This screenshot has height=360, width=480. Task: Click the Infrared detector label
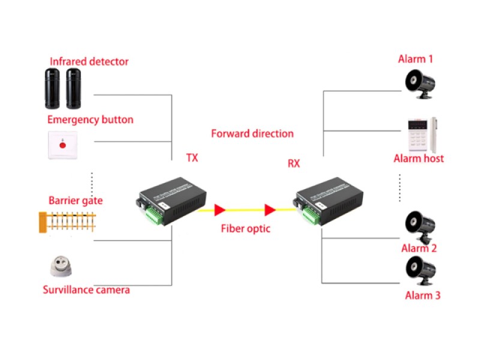89,61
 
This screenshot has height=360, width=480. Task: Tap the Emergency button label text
90,119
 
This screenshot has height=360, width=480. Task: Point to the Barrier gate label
76,200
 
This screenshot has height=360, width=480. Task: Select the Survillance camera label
86,290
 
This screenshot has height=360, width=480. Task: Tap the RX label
293,163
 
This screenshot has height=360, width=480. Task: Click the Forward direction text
253,133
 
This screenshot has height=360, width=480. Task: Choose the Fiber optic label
245,228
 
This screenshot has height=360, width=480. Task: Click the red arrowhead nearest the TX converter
220,209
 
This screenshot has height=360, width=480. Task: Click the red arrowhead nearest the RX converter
270,209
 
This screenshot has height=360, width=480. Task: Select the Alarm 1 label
415,59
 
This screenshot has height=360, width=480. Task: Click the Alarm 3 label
422,295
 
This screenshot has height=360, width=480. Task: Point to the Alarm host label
419,158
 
